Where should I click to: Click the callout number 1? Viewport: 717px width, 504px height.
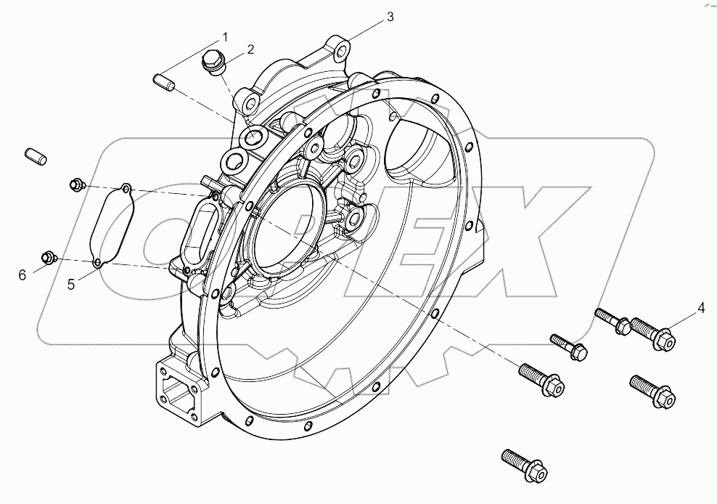click(x=224, y=36)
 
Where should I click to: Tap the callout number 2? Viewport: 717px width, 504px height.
click(x=250, y=49)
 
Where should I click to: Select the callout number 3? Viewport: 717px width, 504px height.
click(x=390, y=17)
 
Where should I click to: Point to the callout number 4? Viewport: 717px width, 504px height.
click(x=701, y=308)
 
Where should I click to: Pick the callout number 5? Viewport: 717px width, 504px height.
click(x=71, y=285)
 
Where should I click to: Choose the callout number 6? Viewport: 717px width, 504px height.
click(x=22, y=274)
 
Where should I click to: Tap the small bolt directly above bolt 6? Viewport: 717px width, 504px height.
click(x=75, y=185)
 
